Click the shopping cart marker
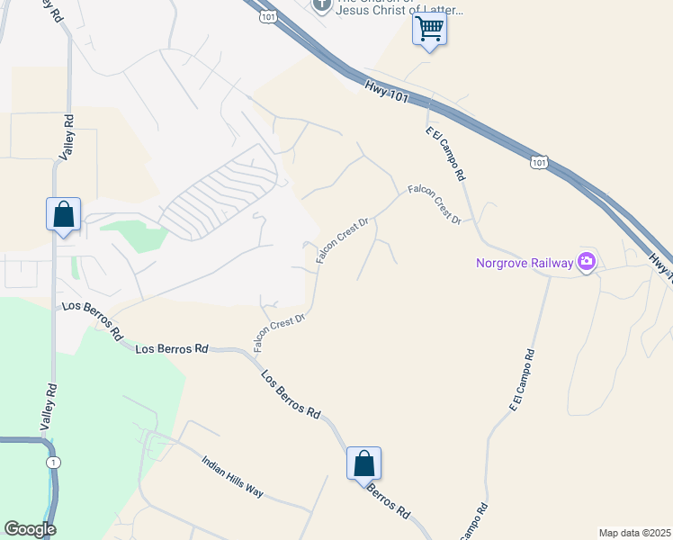coord(429,29)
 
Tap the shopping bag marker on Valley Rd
coord(63,214)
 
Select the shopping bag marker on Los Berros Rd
coord(363,463)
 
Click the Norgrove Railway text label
coord(525,263)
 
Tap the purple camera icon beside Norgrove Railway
coord(587,262)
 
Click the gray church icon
coord(322,5)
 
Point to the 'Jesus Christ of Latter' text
coord(399,11)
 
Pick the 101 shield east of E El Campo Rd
coord(538,162)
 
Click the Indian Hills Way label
coord(232,476)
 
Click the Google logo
coord(30,528)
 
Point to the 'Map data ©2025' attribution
coord(634,533)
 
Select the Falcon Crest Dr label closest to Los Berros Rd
coord(280,332)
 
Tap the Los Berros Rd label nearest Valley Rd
coord(93,319)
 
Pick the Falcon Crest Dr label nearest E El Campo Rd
coord(434,204)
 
